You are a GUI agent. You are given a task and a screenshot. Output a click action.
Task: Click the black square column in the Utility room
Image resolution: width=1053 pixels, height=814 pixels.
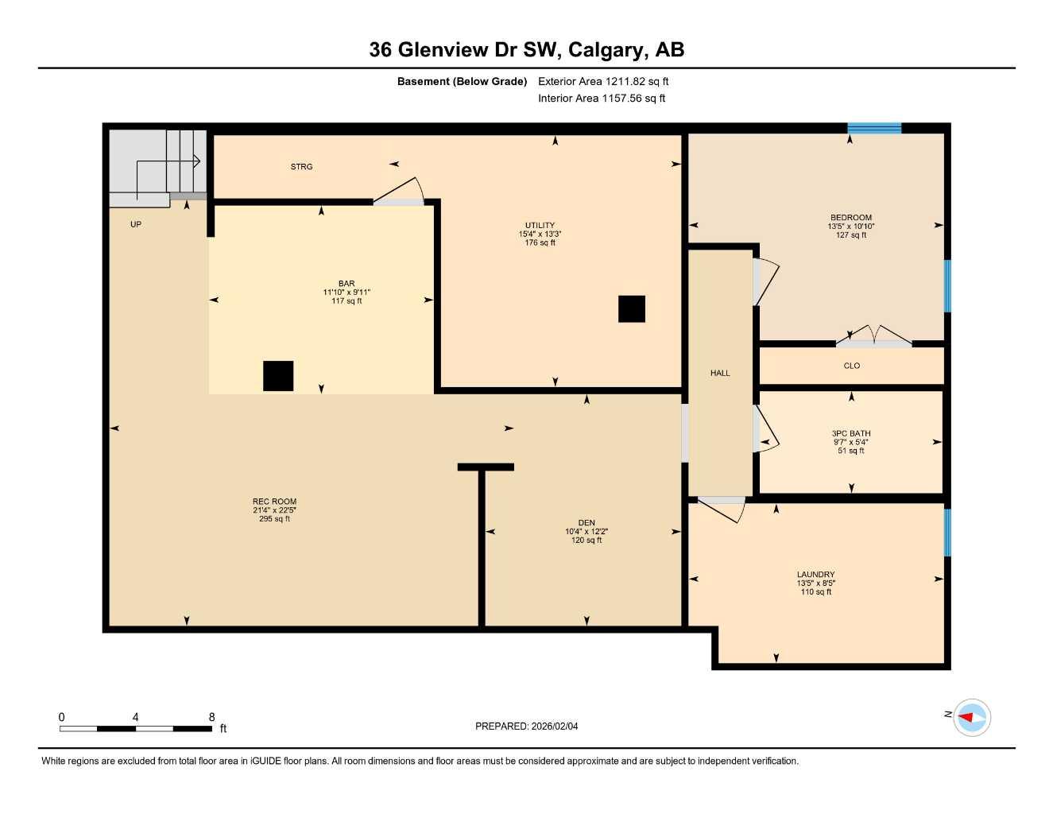[x=631, y=309]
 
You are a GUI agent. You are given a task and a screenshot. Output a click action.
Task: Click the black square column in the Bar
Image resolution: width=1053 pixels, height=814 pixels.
[x=278, y=376]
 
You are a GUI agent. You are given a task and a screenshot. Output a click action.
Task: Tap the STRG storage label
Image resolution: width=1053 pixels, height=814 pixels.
[x=301, y=167]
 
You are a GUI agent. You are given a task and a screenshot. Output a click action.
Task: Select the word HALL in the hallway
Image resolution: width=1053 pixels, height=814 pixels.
[x=720, y=373]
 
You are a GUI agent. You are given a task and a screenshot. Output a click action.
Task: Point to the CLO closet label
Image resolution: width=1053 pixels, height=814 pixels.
[x=851, y=366]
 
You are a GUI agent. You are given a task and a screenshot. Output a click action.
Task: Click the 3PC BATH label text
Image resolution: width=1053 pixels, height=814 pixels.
[x=851, y=434]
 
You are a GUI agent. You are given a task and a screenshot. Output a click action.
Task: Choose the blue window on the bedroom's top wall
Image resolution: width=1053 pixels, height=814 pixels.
[x=874, y=128]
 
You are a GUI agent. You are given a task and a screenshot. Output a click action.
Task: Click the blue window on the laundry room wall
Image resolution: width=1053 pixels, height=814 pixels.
[x=947, y=533]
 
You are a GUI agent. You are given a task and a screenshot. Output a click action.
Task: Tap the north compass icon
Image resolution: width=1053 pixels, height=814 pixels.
[x=971, y=718]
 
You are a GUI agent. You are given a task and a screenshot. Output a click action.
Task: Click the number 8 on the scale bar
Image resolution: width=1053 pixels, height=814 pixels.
[x=211, y=717]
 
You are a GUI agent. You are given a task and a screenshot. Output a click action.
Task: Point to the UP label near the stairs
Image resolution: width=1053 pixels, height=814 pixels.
[x=136, y=225]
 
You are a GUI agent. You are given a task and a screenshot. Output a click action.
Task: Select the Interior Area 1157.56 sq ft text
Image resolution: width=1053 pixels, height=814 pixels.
[x=602, y=99]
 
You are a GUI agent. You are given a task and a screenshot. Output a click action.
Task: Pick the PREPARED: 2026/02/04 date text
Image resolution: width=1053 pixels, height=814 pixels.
[x=526, y=726]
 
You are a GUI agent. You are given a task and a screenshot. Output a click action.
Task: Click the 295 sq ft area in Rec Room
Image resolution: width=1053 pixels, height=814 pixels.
[x=274, y=519]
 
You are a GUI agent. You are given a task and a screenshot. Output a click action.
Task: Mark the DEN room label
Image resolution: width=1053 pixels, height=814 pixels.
[x=587, y=523]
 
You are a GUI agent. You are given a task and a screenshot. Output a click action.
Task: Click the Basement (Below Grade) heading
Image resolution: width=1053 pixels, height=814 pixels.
[x=462, y=81]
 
